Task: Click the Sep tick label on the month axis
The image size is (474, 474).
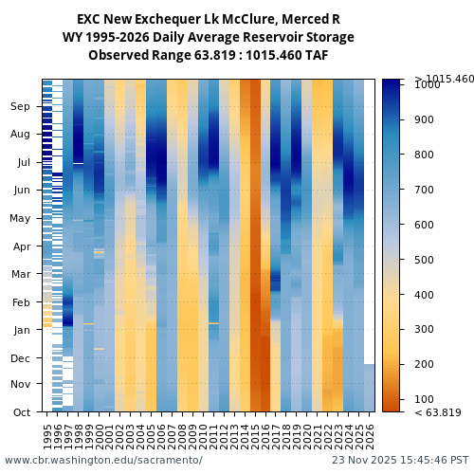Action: click(x=21, y=107)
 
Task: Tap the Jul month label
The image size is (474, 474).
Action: click(x=23, y=163)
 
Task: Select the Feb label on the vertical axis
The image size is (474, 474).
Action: click(x=21, y=302)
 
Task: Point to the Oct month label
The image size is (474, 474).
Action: click(x=21, y=412)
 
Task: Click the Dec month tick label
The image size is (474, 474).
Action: click(x=21, y=358)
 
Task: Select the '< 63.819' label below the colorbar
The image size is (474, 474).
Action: click(x=438, y=412)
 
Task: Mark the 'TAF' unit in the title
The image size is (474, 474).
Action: click(x=316, y=55)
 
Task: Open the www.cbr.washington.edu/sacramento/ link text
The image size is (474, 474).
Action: click(x=103, y=461)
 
